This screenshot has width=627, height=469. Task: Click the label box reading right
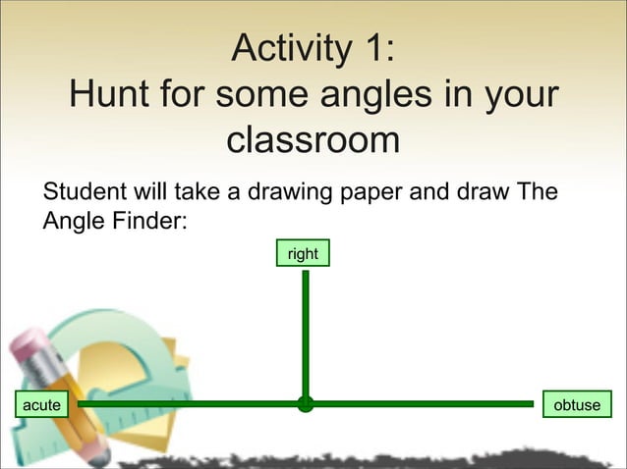pyautogui.click(x=303, y=254)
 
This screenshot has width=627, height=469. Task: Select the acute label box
pyautogui.click(x=41, y=403)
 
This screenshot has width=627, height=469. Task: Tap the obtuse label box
pyautogui.click(x=577, y=404)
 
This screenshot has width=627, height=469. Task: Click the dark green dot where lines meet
pyautogui.click(x=306, y=403)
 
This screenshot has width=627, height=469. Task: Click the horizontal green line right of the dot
pyautogui.click(x=423, y=403)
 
